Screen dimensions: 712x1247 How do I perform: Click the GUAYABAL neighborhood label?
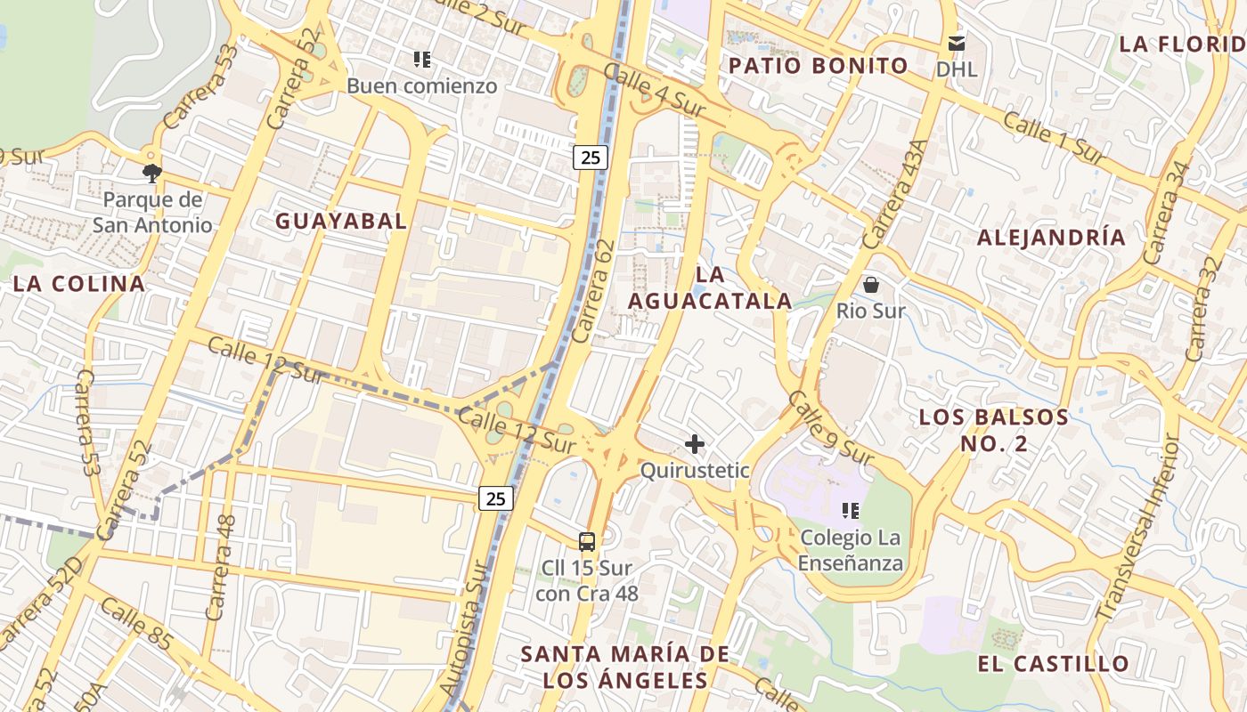pos(340,221)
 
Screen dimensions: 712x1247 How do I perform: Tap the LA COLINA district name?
pos(78,284)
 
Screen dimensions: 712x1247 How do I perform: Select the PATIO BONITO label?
pos(818,66)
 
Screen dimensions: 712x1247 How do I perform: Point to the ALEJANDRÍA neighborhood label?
pos(1051,238)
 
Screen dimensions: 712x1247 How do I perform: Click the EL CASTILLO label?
pos(1053,663)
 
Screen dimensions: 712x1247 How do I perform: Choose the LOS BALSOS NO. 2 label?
pos(993,430)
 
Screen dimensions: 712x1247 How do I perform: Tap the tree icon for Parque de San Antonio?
pos(152,172)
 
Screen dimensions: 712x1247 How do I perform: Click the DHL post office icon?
pos(957,43)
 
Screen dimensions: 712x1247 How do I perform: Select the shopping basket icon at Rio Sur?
pos(870,285)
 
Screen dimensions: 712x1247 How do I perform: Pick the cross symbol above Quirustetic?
pos(695,443)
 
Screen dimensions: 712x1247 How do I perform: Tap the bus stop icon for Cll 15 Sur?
pos(587,540)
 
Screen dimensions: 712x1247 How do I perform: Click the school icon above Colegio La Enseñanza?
pos(850,511)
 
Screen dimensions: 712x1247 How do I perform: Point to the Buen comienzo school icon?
pos(422,60)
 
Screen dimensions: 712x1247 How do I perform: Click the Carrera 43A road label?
pos(895,195)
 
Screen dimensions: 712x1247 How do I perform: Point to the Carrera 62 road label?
pos(594,291)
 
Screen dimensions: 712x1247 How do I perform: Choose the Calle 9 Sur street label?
pos(831,428)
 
